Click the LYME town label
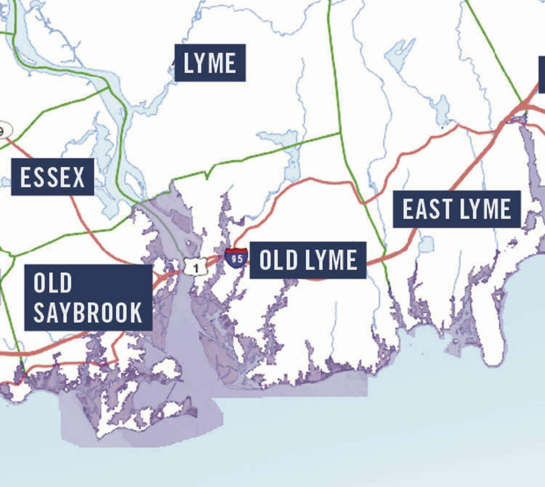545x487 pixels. click(210, 63)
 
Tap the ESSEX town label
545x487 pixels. click(53, 177)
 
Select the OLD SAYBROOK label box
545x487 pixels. click(88, 298)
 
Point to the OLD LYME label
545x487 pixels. click(308, 260)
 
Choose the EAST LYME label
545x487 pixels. click(456, 209)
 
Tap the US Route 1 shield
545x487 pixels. click(196, 267)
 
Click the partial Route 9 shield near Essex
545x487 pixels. click(4, 131)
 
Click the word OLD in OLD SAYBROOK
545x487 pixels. click(53, 283)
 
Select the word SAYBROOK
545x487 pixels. click(88, 313)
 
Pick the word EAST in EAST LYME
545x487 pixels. click(427, 209)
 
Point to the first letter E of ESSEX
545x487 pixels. click(25, 177)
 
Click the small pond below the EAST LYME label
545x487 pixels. click(426, 244)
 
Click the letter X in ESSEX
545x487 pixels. click(79, 177)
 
